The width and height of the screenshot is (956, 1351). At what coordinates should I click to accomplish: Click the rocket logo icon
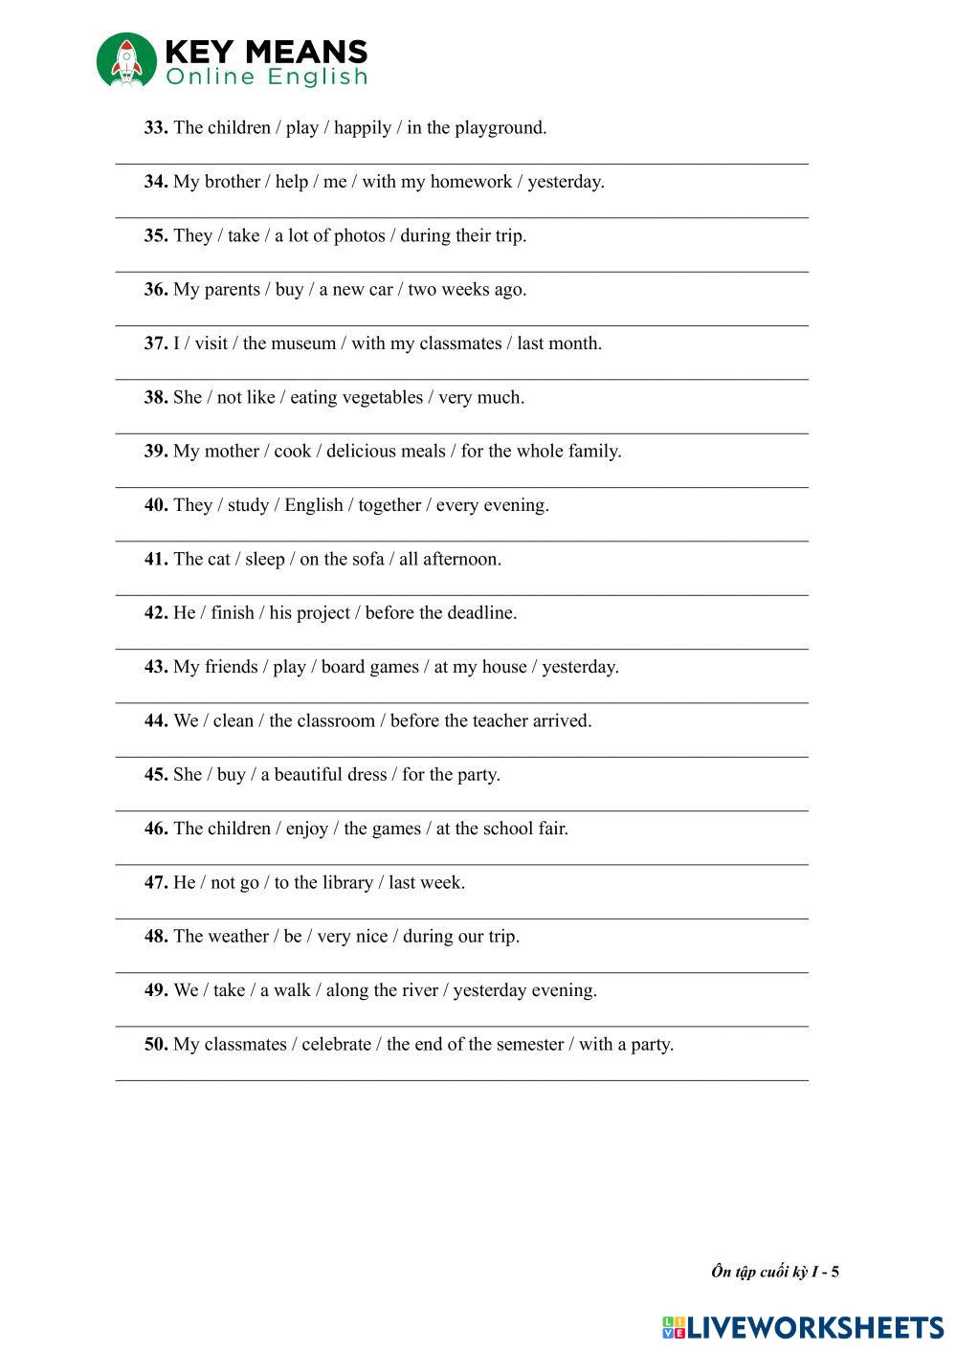coord(125,59)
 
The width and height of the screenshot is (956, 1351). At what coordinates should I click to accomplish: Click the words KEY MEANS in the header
coord(266,52)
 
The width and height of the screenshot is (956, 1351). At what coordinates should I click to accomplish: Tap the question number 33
coord(156,128)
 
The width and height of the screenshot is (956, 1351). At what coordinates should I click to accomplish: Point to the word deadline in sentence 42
coord(480,613)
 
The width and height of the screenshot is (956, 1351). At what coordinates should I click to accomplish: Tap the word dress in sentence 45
coord(367,775)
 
